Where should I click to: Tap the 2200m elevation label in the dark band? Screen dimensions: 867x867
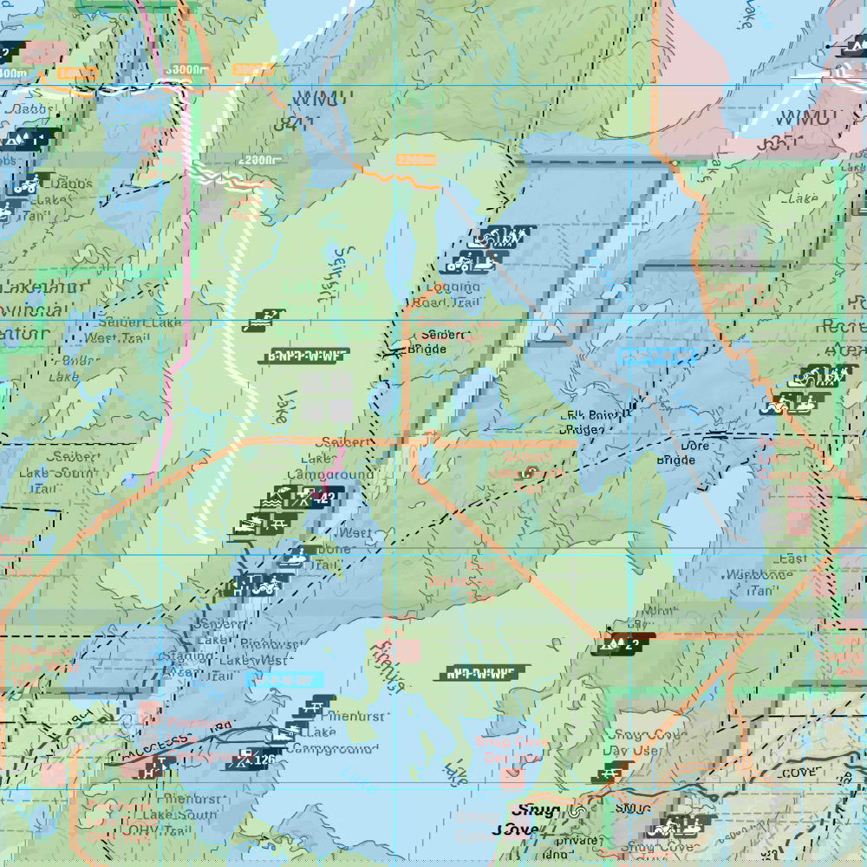tap(261, 160)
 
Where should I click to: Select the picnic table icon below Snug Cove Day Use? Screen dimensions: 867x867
tap(616, 771)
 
